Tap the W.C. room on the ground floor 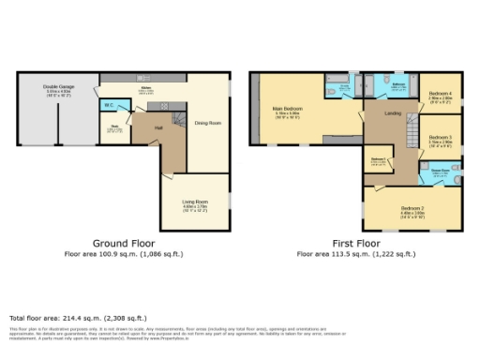(x=110, y=105)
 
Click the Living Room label (x=194, y=201)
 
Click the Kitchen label (x=146, y=88)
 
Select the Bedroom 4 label (x=440, y=95)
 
